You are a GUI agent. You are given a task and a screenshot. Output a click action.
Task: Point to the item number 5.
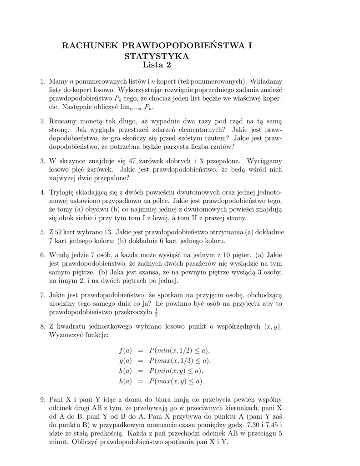(x=43, y=232)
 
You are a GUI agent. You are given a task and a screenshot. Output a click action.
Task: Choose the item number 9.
(x=43, y=399)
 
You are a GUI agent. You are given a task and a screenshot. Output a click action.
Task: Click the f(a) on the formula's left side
(x=125, y=350)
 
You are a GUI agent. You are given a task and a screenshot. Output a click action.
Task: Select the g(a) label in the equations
(x=125, y=360)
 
